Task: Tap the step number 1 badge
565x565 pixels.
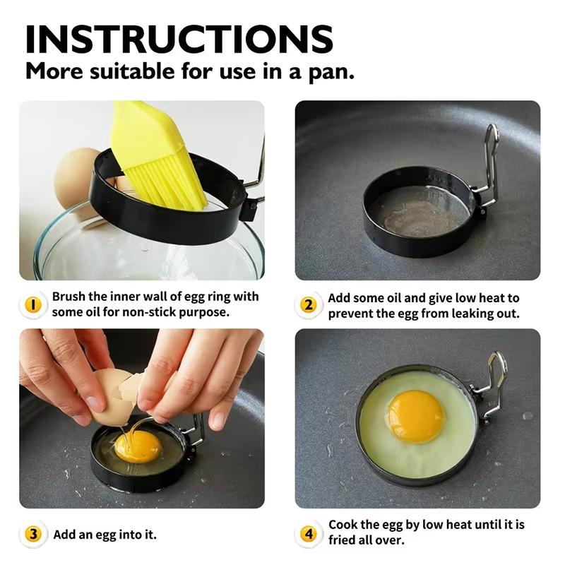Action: (x=32, y=304)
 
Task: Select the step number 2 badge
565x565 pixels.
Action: (x=308, y=305)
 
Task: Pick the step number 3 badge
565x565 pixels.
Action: (x=32, y=534)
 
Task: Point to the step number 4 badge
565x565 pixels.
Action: (x=308, y=533)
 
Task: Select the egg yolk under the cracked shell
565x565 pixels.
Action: (x=137, y=446)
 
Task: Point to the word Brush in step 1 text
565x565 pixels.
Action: (x=69, y=297)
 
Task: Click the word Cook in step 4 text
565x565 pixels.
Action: (x=344, y=525)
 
